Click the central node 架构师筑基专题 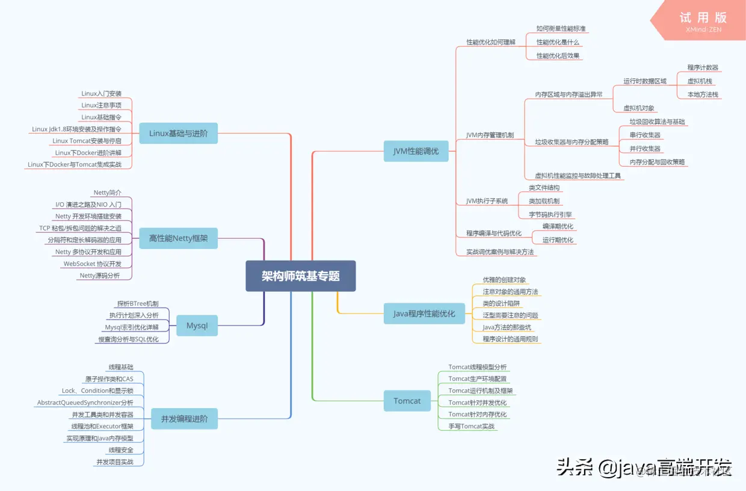coord(300,276)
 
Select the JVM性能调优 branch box coord(416,152)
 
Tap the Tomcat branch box coord(407,401)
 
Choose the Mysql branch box coord(197,326)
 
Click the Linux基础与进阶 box coord(178,134)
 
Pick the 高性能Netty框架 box coord(178,238)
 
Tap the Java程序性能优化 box coord(424,313)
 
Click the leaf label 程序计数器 coord(703,67)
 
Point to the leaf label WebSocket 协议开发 coord(93,264)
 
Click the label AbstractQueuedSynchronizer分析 coord(85,403)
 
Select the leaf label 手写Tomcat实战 coord(471,426)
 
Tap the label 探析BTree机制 coord(138,304)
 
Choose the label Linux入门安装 coord(101,94)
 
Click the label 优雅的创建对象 coord(504,280)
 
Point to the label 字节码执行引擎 coord(550,214)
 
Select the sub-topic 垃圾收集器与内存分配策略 coord(572,142)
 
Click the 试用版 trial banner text coord(703,17)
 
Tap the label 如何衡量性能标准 coord(561,29)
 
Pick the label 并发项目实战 coord(115,462)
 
